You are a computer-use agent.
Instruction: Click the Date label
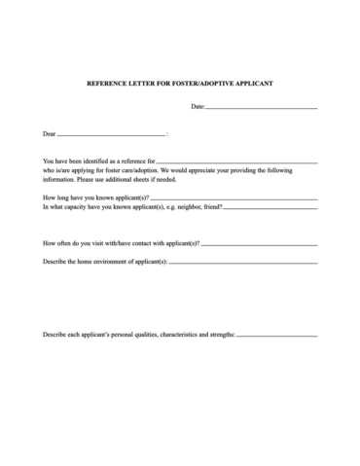click(198, 106)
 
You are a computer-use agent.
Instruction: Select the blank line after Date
click(262, 107)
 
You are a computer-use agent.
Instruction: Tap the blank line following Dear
click(112, 134)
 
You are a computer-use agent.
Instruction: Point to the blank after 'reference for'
click(236, 160)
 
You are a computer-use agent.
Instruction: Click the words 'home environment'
click(97, 262)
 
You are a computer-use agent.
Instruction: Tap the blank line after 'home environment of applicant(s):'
click(243, 263)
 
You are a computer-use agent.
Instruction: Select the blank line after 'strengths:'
click(277, 335)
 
